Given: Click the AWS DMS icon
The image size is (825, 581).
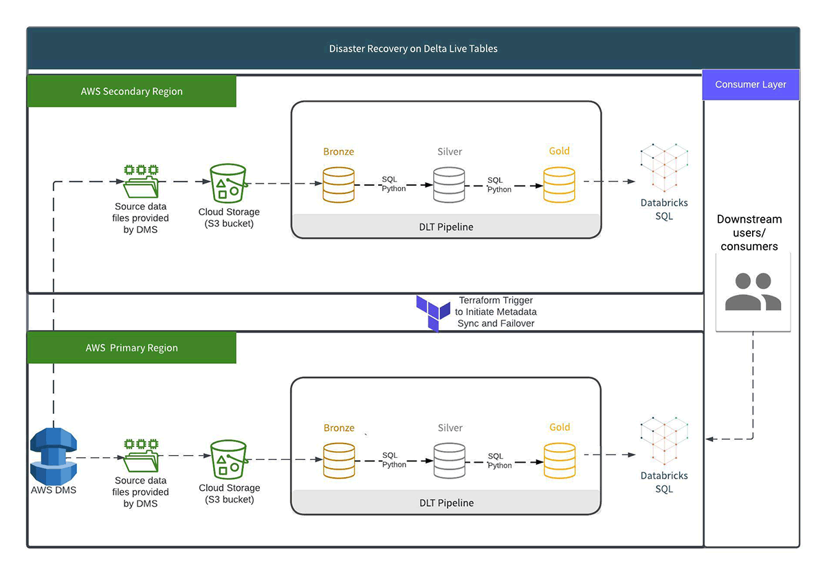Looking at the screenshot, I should (x=53, y=457).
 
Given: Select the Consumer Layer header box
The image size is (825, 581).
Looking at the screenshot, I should (x=751, y=85).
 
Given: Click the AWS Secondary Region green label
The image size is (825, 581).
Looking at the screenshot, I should (x=131, y=91).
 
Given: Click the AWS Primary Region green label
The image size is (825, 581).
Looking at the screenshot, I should (x=131, y=348).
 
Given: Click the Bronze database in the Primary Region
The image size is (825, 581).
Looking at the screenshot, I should (x=339, y=459).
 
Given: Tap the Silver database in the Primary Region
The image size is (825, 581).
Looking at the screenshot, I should (x=450, y=459).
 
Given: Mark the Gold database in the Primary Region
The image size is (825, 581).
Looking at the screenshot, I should (x=560, y=459).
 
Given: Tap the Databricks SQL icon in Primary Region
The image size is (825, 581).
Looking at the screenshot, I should (x=664, y=440).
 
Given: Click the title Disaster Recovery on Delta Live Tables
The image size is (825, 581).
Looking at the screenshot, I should (x=413, y=49).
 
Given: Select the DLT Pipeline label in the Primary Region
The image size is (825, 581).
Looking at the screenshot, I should (x=446, y=503).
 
